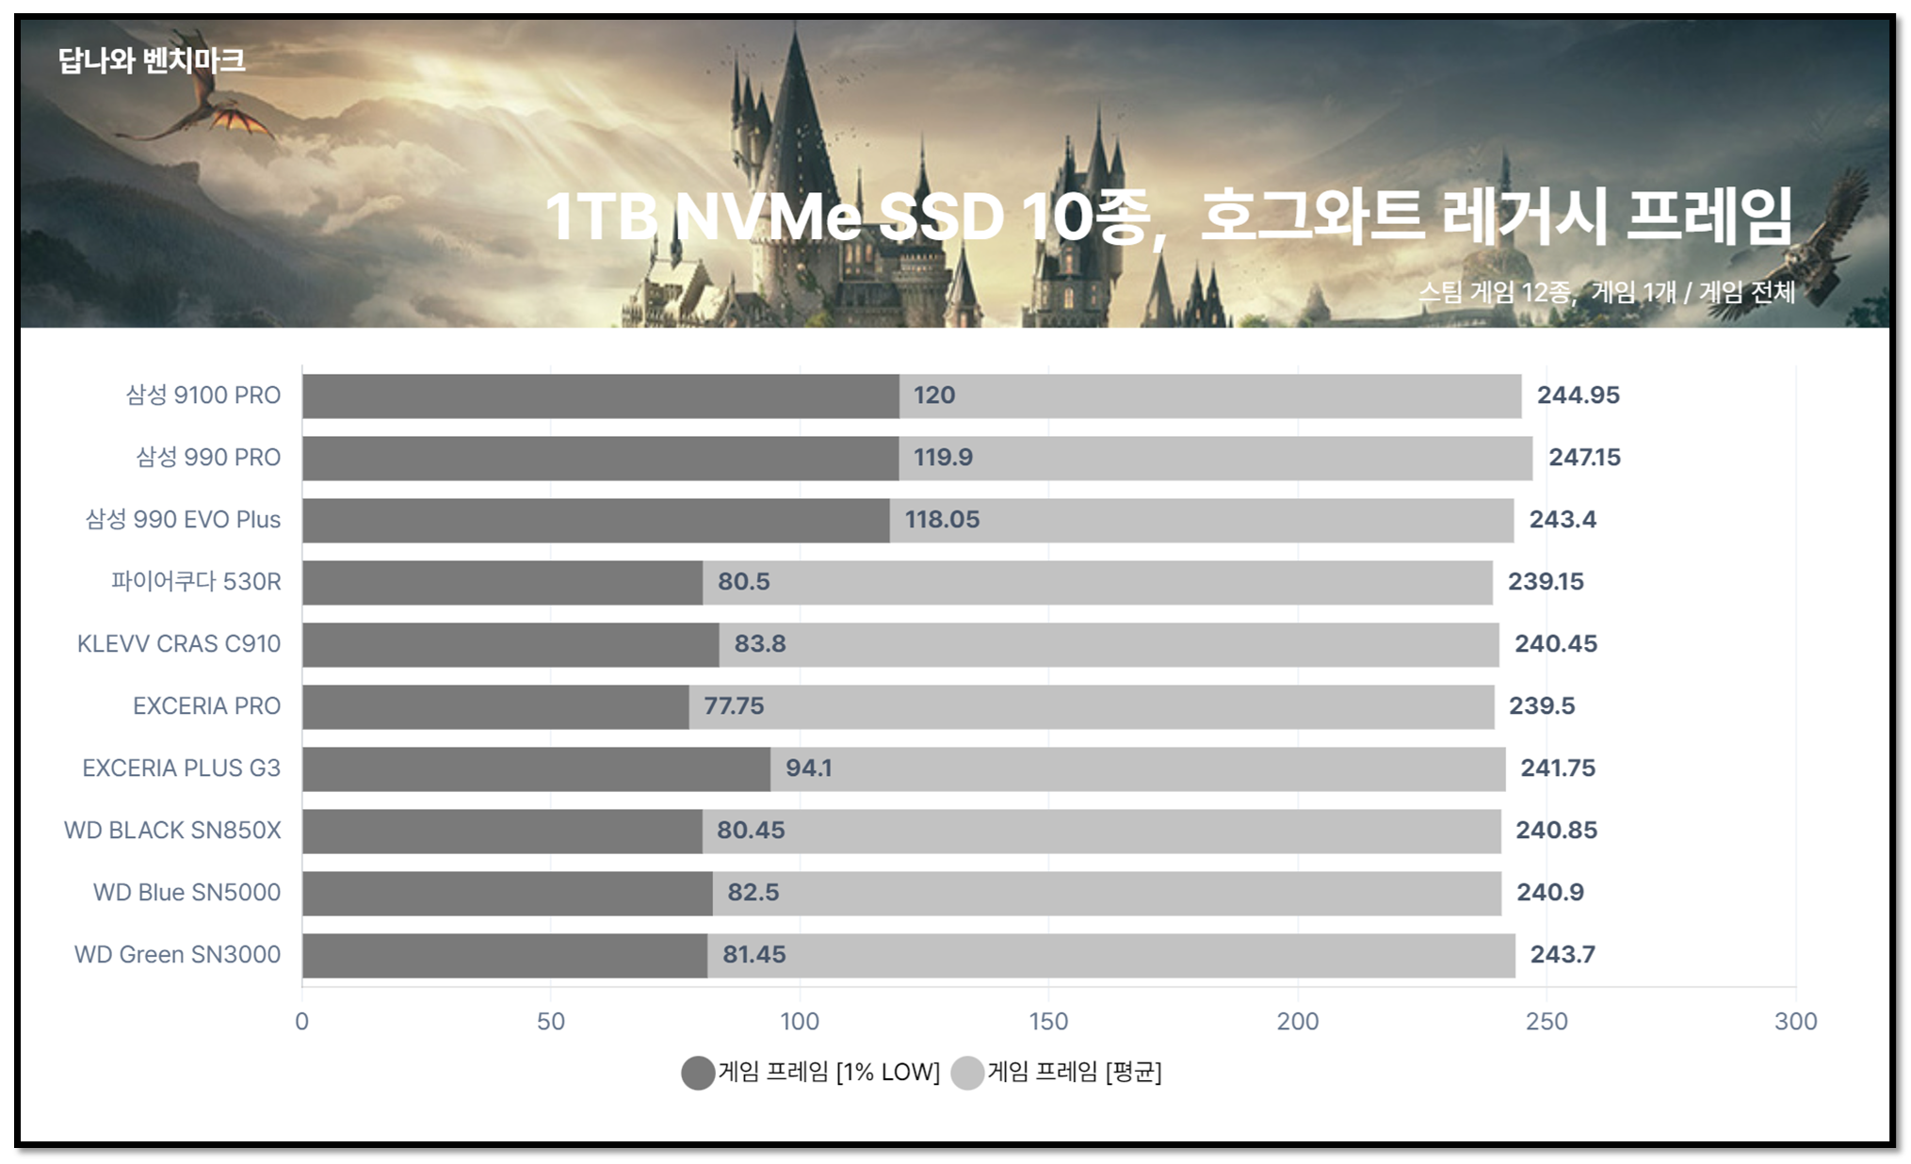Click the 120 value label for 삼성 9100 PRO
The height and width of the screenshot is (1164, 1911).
933,396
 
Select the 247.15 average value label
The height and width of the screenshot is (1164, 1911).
1584,458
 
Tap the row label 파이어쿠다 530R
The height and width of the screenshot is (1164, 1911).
196,582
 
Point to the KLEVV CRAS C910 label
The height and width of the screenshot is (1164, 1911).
179,644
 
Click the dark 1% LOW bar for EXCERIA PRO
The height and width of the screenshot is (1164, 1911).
495,706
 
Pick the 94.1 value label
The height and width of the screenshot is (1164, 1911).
808,768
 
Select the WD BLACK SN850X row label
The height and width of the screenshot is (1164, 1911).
172,831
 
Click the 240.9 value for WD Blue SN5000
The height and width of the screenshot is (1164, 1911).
1549,893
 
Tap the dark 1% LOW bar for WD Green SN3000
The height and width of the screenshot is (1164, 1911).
505,955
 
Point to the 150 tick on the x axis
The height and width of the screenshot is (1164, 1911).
1048,1022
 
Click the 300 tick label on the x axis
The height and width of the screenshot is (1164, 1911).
1795,1022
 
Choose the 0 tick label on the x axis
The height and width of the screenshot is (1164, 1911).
301,1022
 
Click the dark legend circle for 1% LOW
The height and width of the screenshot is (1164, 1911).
698,1073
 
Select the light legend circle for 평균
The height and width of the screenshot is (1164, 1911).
967,1073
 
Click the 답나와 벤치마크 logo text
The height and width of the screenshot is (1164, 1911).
152,61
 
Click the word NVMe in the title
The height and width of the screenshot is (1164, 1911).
768,218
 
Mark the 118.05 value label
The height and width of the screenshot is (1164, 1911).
942,520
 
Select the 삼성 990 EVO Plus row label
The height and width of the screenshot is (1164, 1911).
183,520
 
